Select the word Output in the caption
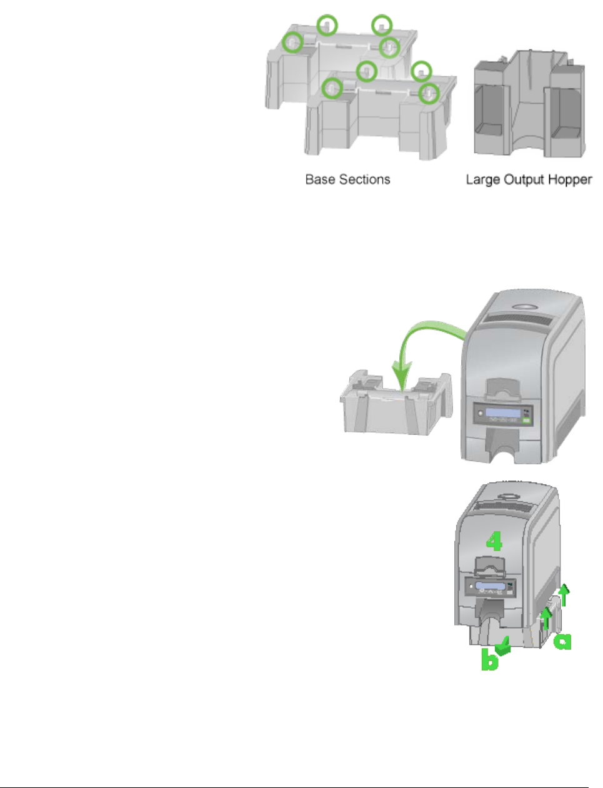pyautogui.click(x=522, y=181)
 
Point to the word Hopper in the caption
pyautogui.click(x=569, y=180)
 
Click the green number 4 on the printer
pyautogui.click(x=494, y=541)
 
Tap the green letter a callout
pyautogui.click(x=563, y=640)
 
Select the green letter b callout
pyautogui.click(x=489, y=660)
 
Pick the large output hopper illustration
pyautogui.click(x=529, y=109)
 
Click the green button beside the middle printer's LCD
pyautogui.click(x=527, y=421)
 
